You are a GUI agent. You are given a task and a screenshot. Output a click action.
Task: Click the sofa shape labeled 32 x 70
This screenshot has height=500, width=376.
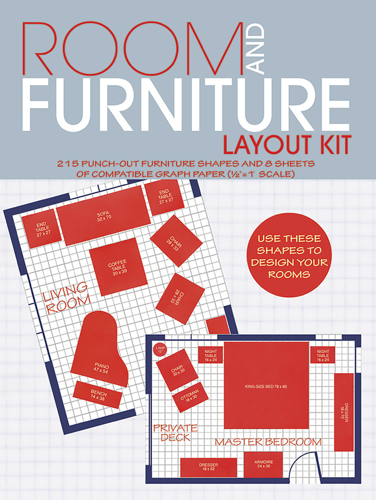click(103, 215)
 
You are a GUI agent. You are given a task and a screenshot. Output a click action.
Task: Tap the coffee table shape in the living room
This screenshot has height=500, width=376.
click(118, 267)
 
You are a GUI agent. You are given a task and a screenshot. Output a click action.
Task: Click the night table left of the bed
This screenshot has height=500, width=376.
click(210, 355)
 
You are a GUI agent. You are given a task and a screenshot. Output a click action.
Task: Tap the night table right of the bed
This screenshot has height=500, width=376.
click(323, 355)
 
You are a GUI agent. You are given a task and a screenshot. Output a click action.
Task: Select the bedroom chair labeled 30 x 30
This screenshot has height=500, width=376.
click(177, 370)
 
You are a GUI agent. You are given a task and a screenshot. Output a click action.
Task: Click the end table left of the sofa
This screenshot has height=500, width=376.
click(41, 229)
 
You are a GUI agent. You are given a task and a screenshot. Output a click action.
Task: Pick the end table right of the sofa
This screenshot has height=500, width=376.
click(164, 199)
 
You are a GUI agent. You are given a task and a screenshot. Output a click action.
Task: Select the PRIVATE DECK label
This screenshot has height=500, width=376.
click(175, 432)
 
